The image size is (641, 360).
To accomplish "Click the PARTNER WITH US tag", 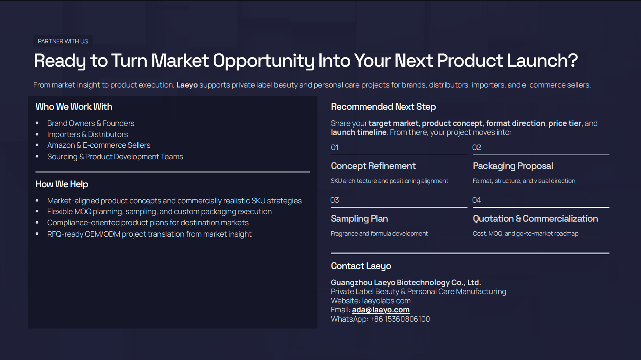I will (63, 41).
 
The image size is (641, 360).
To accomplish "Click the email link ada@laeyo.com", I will (380, 310).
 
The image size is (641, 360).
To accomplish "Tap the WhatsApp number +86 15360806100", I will (400, 319).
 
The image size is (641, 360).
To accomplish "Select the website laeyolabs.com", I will (386, 301).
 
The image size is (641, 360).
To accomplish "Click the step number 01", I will (334, 147).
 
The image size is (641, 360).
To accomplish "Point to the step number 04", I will (476, 200).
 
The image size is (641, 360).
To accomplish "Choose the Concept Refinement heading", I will (373, 166).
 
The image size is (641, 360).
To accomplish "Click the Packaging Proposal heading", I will (513, 166).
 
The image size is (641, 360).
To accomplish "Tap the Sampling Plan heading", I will (359, 219).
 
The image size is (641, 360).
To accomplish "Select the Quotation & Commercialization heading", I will (535, 219).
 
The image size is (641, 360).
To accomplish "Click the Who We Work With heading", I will (74, 107).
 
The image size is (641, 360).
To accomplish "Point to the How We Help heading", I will (62, 184).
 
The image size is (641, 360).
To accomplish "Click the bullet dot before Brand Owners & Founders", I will (37, 123).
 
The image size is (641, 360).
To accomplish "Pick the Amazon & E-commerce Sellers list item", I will (99, 145).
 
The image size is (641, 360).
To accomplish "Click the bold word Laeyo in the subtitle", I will (187, 85).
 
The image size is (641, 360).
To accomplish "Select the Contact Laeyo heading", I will (361, 266).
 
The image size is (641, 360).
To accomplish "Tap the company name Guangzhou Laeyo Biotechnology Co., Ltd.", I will (405, 283).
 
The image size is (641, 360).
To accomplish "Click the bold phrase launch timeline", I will (359, 132).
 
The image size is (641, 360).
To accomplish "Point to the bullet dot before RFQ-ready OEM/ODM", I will (37, 234).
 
